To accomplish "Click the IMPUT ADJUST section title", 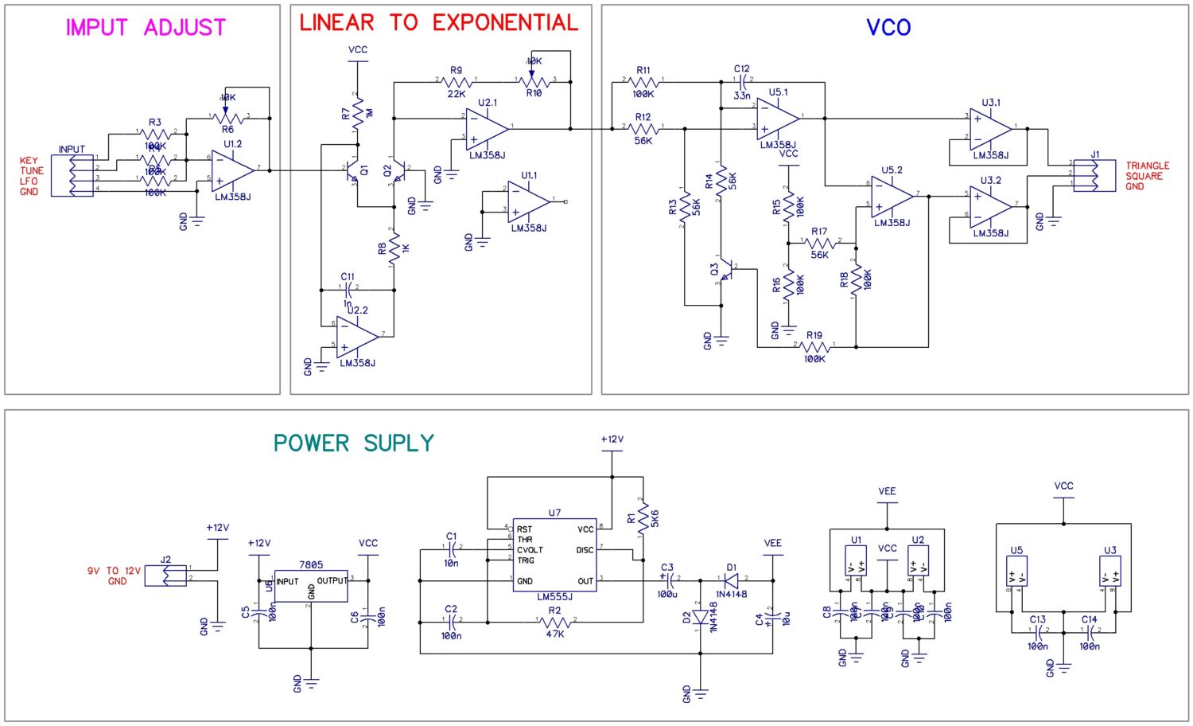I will pyautogui.click(x=146, y=28).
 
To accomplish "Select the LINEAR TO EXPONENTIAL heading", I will pyautogui.click(x=439, y=23).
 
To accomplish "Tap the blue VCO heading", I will pyautogui.click(x=888, y=28).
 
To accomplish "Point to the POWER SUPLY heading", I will pyautogui.click(x=354, y=443).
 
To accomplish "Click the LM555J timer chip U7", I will pyautogui.click(x=554, y=555).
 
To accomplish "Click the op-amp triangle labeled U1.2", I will pyautogui.click(x=232, y=170).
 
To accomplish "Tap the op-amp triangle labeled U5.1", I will pyautogui.click(x=777, y=118).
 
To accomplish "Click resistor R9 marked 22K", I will pyautogui.click(x=456, y=81).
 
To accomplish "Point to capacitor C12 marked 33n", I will pyautogui.click(x=742, y=80).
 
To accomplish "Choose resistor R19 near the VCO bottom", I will pyautogui.click(x=814, y=347).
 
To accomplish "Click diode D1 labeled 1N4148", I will pyautogui.click(x=731, y=580).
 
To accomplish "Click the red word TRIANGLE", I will pyautogui.click(x=1147, y=166).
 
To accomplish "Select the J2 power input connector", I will pyautogui.click(x=165, y=575).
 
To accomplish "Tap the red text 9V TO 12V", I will pyautogui.click(x=114, y=571).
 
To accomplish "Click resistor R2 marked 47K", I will pyautogui.click(x=554, y=622).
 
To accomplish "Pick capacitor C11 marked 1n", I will pyautogui.click(x=348, y=287).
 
